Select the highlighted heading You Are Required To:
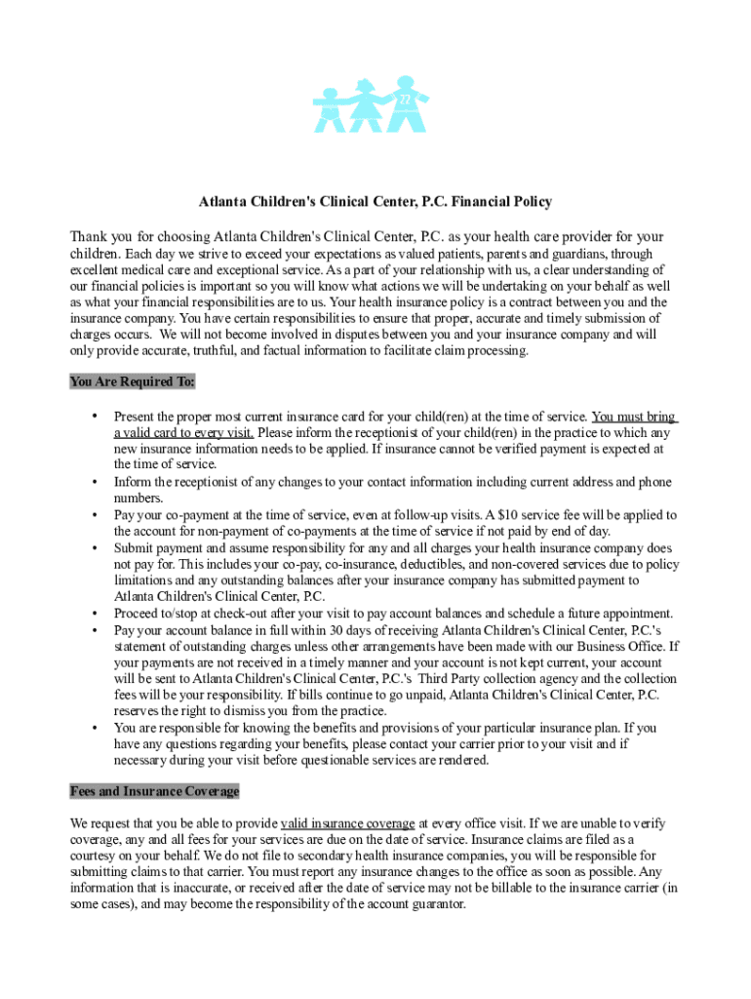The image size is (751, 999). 133,381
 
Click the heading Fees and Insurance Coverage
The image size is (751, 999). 155,791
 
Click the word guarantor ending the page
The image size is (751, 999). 439,904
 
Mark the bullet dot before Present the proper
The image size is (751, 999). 95,416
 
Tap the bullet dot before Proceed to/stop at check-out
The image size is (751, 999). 95,614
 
